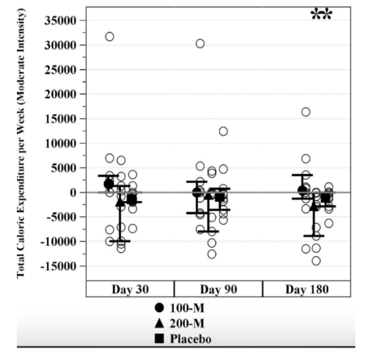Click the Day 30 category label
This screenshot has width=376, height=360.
coord(130,289)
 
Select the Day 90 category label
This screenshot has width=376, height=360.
coord(218,289)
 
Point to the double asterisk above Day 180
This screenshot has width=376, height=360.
coord(322,14)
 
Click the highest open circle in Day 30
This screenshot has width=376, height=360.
coord(109,36)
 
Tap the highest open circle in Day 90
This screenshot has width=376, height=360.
coord(200,43)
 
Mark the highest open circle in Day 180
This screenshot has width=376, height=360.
coord(306,112)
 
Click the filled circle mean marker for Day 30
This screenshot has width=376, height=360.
coord(108,184)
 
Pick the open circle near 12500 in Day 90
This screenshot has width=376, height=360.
coord(223,131)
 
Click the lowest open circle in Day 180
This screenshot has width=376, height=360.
coord(316,261)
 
